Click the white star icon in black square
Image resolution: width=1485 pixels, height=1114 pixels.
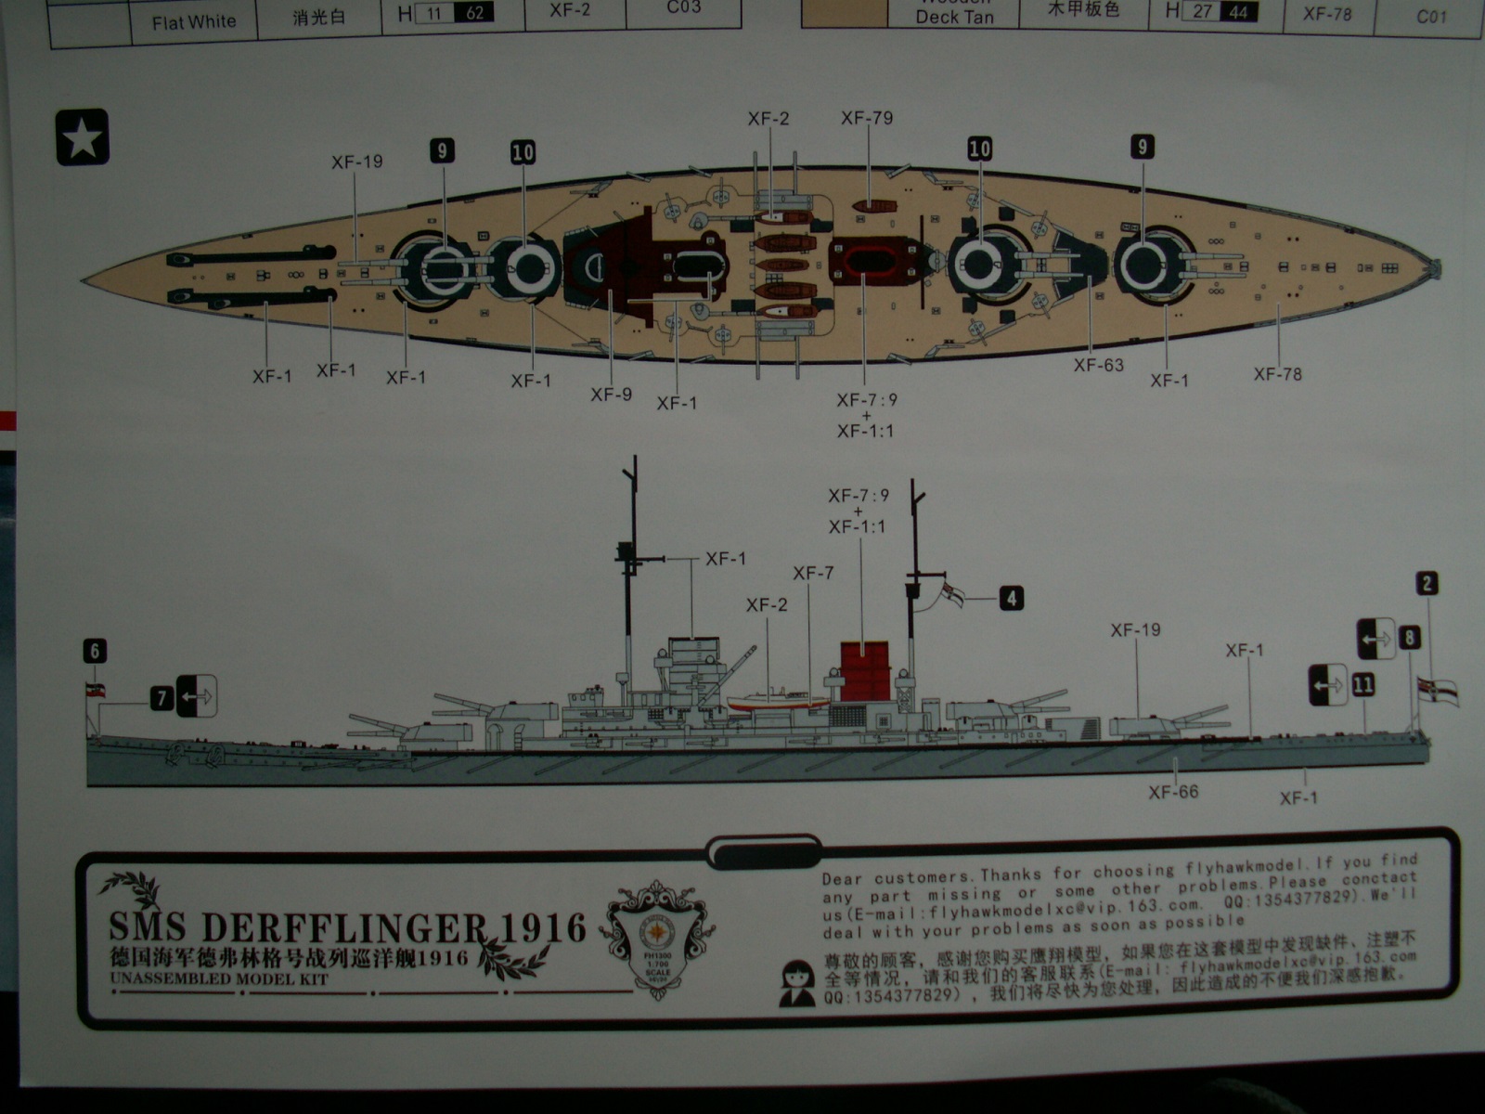tap(83, 138)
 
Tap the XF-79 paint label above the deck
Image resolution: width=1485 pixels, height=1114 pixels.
tap(867, 118)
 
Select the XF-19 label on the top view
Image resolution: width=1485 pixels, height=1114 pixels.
tap(357, 162)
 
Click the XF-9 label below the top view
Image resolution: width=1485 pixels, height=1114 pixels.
tap(611, 395)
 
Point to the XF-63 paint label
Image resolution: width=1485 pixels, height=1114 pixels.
tap(1098, 366)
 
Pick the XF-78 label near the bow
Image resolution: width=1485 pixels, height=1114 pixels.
tap(1277, 374)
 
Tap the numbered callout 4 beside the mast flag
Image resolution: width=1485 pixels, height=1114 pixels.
tap(1011, 598)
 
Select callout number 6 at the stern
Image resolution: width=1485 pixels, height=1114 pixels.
tap(95, 651)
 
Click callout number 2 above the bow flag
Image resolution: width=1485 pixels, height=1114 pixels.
tap(1427, 583)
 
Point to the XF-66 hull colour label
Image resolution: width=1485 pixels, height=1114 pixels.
tap(1173, 792)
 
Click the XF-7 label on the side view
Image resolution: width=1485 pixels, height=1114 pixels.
tap(813, 574)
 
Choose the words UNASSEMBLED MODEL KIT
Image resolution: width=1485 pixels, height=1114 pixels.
tap(219, 978)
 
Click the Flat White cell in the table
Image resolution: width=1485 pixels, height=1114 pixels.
tap(194, 21)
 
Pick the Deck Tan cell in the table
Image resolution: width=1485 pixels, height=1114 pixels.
tap(954, 17)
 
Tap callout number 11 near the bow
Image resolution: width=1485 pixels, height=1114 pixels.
tap(1362, 685)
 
